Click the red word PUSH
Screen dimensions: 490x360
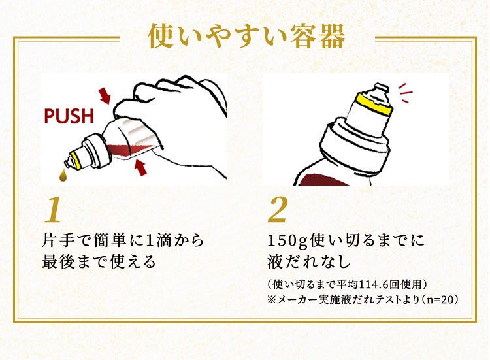tap(69, 116)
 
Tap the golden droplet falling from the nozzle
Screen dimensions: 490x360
tap(64, 175)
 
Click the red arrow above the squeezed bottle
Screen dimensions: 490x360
tap(105, 95)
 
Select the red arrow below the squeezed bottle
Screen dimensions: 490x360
tap(140, 167)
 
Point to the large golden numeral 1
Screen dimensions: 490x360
tap(53, 210)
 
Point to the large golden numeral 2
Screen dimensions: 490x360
tap(278, 210)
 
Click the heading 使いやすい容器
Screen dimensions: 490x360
tap(246, 36)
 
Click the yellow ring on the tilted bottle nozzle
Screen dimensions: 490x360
tap(76, 160)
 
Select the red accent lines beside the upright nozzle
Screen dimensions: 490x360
tap(405, 93)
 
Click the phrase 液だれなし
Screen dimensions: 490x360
tap(309, 261)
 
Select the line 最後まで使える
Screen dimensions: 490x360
tap(99, 261)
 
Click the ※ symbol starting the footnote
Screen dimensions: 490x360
tap(272, 300)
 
